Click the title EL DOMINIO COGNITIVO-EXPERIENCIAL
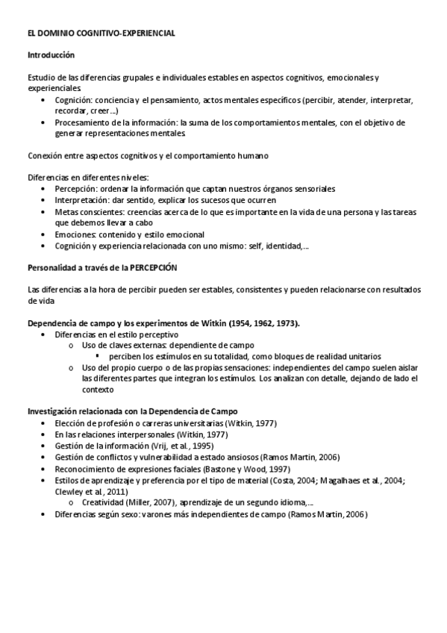tap(101, 34)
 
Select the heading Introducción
tap(51, 55)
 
